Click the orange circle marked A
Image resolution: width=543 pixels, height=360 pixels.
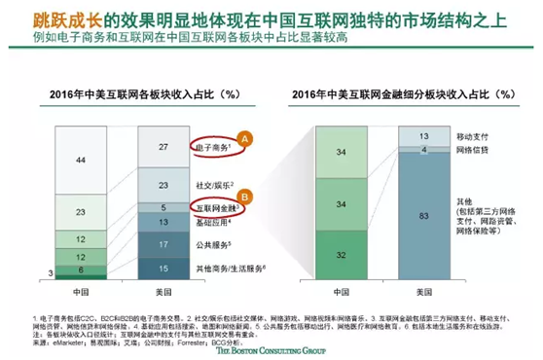245,138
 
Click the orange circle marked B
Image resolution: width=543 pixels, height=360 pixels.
245,193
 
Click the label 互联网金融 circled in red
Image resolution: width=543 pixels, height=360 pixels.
216,208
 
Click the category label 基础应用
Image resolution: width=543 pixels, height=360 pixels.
211,223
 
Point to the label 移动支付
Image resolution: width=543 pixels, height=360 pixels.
479,137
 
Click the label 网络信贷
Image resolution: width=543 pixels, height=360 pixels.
479,153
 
